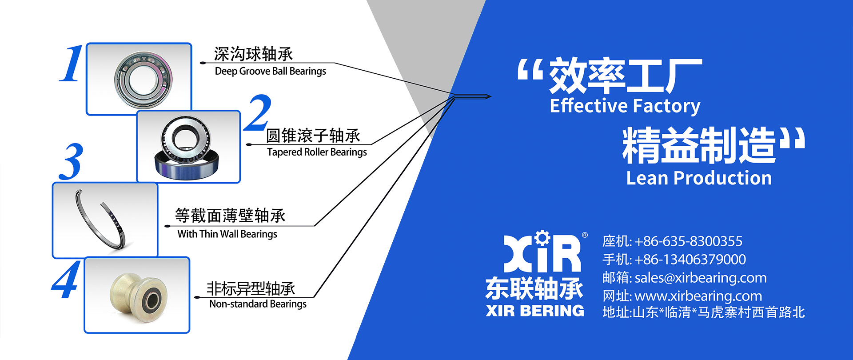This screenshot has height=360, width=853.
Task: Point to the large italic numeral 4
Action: click(66, 279)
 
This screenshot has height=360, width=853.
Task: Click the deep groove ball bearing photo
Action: click(143, 80)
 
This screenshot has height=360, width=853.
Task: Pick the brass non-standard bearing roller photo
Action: click(138, 296)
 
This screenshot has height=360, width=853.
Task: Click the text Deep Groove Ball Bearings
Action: click(270, 72)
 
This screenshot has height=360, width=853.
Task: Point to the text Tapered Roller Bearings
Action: click(317, 152)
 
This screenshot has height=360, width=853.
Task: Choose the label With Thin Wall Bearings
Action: click(227, 234)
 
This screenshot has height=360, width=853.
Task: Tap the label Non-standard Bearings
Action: click(258, 304)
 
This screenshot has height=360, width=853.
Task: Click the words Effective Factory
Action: click(625, 106)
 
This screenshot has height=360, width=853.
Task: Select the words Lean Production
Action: click(699, 178)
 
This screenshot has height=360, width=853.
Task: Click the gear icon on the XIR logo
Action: click(542, 238)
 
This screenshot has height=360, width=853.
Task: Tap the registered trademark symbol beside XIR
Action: click(585, 235)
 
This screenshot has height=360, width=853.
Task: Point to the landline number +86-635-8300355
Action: click(688, 241)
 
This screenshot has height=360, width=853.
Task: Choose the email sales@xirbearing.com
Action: click(701, 278)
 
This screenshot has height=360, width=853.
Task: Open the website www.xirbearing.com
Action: click(698, 296)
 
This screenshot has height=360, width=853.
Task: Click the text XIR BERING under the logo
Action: click(535, 311)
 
